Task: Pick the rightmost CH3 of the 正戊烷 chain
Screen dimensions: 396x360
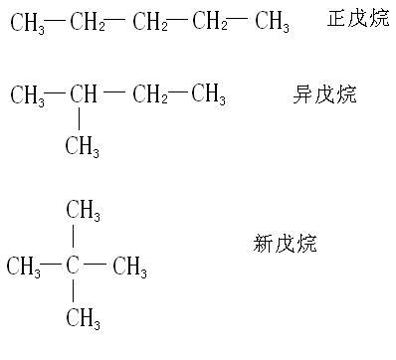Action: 272,22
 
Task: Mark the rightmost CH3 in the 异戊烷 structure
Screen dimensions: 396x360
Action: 208,96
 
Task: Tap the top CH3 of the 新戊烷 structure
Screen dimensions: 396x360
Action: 83,210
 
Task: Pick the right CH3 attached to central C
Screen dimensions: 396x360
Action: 129,268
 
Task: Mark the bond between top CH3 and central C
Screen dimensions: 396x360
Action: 73,239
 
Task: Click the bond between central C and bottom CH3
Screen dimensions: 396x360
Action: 73,293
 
